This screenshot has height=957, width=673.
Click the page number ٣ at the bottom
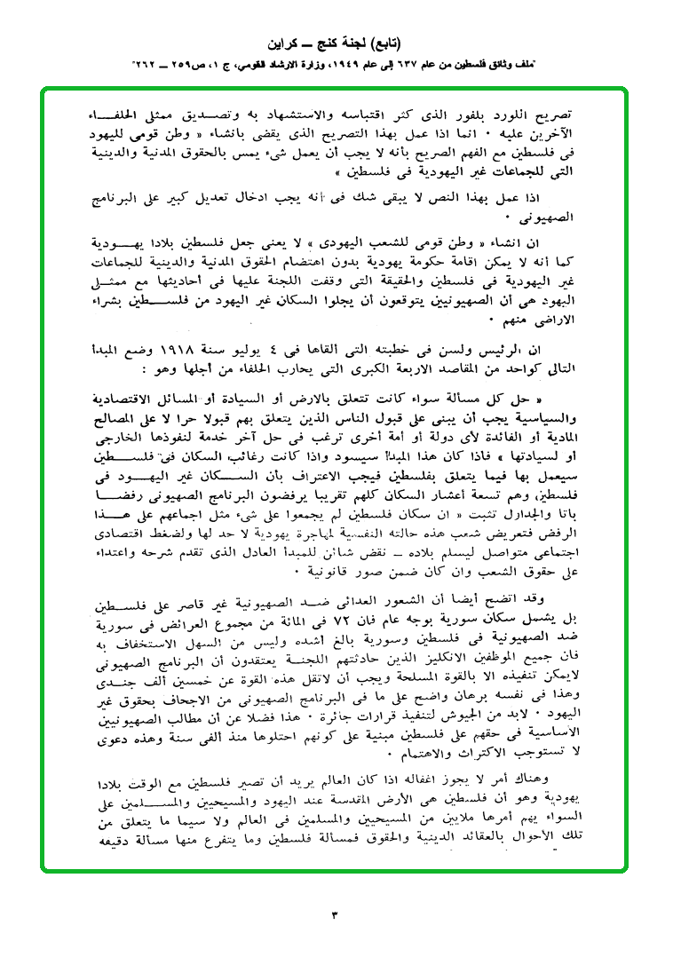336,913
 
